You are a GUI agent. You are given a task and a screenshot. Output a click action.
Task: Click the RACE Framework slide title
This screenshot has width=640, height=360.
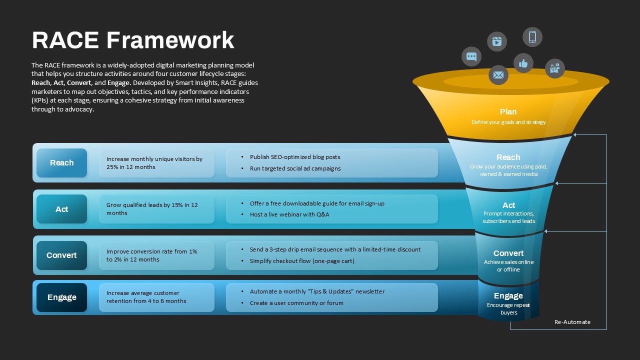coord(133,40)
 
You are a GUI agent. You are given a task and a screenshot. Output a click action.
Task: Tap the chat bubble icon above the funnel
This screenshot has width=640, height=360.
coord(471,56)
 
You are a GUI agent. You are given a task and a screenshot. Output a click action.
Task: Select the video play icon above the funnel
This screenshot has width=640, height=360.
coord(497,41)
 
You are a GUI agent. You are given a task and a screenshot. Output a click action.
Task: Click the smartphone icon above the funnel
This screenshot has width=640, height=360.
coord(532,37)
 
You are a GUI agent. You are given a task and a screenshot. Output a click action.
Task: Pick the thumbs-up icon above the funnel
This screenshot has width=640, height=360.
coord(523,63)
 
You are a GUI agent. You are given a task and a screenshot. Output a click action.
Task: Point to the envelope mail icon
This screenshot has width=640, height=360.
coord(498,75)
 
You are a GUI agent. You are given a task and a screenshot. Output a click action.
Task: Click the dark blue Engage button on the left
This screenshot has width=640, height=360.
coord(61,297)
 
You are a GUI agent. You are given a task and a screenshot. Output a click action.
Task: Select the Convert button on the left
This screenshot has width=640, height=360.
coord(61,255)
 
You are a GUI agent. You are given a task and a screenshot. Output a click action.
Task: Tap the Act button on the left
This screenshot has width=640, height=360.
coord(61,209)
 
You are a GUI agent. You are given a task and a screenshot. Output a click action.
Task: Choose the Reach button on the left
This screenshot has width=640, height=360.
coord(61,163)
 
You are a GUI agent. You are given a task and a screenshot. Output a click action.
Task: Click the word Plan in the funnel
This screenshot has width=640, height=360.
coord(508,112)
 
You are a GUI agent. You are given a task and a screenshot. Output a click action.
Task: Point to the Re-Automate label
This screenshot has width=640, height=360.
coord(572,322)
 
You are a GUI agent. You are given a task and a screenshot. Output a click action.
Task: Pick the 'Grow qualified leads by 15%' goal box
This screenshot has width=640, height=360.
coord(156,209)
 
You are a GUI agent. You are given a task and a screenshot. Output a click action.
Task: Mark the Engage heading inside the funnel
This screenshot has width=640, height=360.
coord(508,295)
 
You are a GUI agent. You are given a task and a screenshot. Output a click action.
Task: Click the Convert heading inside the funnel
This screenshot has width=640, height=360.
coord(508,253)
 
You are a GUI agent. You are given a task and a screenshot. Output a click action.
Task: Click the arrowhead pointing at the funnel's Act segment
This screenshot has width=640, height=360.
coord(557,183)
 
